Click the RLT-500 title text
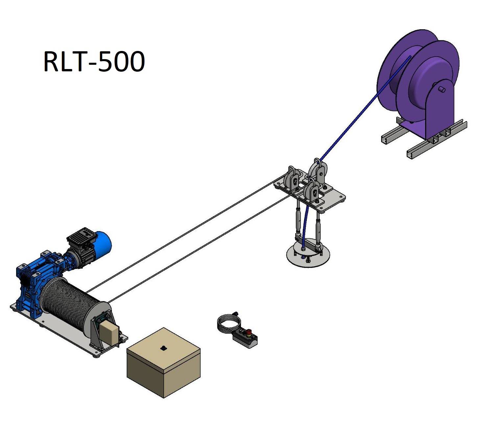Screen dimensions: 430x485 [x=94, y=61]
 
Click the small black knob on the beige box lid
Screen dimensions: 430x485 [x=163, y=348]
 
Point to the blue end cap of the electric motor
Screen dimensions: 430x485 [x=104, y=243]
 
